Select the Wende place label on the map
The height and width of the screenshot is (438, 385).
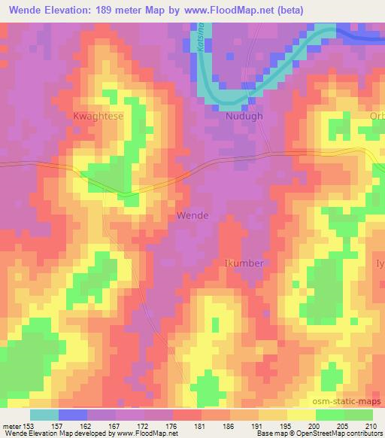tap(192, 215)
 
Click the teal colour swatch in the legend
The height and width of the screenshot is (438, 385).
tap(44, 415)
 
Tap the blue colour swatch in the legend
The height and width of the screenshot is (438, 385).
tap(73, 415)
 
